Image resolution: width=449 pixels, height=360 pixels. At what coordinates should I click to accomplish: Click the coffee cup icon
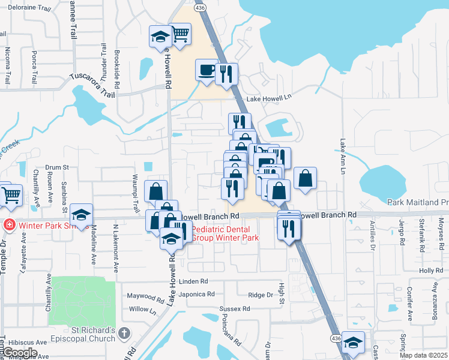click(206, 70)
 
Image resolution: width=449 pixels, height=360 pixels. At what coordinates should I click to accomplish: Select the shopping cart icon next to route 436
click(179, 35)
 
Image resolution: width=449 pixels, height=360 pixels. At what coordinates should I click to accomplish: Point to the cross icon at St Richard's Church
click(124, 332)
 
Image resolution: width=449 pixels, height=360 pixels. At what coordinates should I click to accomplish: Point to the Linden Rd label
click(192, 281)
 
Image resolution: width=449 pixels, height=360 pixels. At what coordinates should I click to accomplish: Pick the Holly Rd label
click(430, 271)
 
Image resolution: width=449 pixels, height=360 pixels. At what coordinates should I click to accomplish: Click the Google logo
click(20, 352)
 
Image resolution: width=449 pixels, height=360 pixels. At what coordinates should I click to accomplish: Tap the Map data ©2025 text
click(424, 355)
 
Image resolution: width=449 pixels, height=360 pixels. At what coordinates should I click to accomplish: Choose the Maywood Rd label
click(145, 296)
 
